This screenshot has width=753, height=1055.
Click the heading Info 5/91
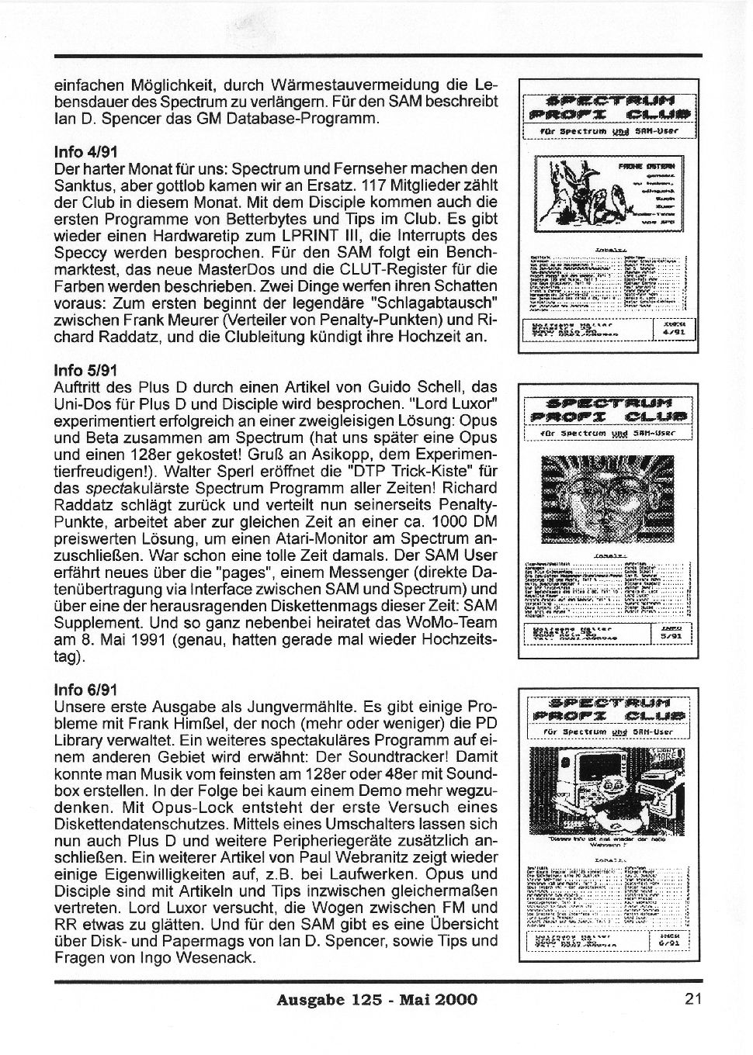tap(86, 371)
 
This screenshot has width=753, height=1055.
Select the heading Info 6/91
tap(86, 690)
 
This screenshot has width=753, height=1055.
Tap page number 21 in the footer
tap(693, 999)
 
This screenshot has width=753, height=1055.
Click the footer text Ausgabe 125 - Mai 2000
tap(376, 1000)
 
